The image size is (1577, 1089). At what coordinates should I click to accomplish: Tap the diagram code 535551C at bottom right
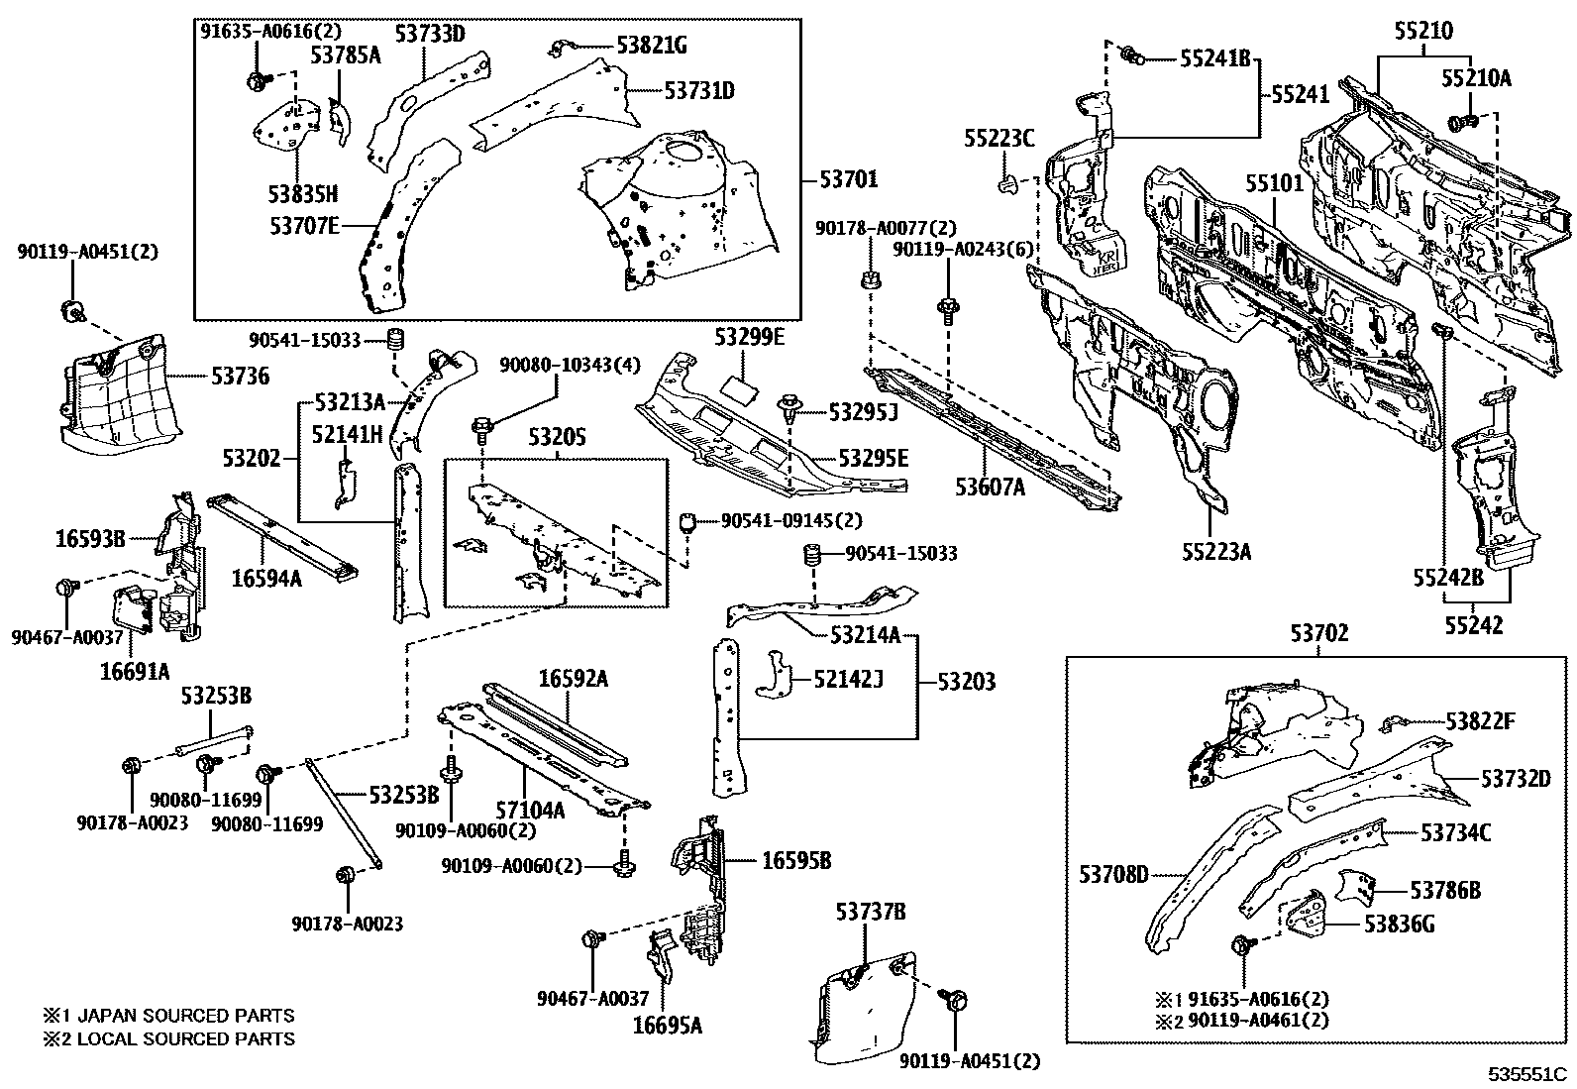tap(1525, 1074)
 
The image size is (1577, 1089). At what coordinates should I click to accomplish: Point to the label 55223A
tap(1214, 552)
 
